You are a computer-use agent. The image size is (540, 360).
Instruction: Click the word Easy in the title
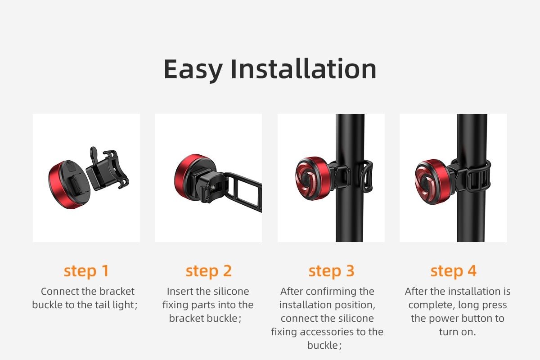click(x=193, y=70)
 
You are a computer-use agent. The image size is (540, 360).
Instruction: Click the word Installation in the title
click(x=303, y=69)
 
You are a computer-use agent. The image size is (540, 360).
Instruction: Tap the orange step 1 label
click(x=86, y=271)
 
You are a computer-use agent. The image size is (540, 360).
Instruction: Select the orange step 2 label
click(x=208, y=271)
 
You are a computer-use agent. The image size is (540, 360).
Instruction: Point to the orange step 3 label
click(x=331, y=271)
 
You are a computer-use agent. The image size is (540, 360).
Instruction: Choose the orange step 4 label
click(x=454, y=271)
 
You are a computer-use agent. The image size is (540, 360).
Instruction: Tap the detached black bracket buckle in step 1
click(x=108, y=170)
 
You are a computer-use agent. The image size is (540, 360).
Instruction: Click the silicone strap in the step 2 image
click(x=243, y=190)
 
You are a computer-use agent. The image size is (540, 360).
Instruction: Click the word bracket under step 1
click(x=117, y=291)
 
